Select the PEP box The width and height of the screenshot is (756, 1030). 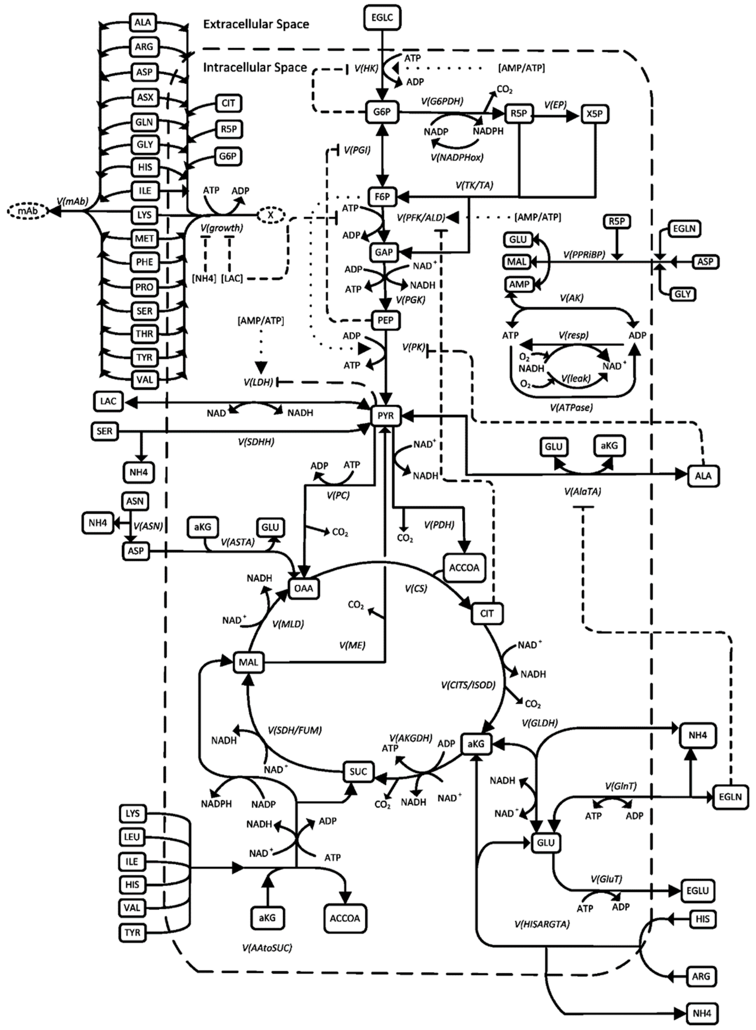pos(385,320)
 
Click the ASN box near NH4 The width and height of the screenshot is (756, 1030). pos(135,501)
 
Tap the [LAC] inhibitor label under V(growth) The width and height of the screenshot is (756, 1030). pos(232,278)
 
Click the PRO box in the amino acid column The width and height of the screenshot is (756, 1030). pos(144,287)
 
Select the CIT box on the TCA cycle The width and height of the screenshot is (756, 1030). pos(487,613)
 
